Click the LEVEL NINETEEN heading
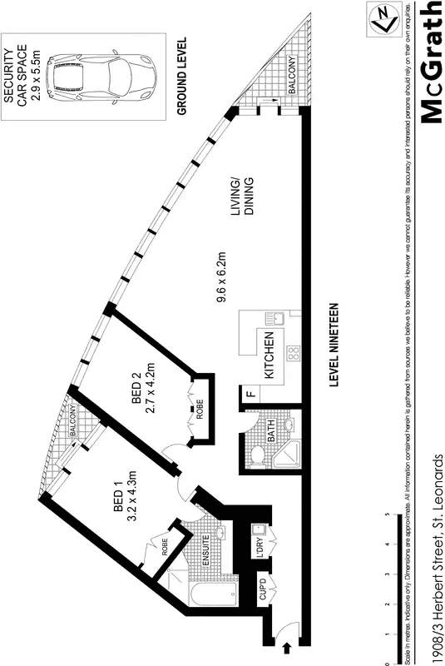click(334, 345)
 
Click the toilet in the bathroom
click(258, 456)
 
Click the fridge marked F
click(249, 395)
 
